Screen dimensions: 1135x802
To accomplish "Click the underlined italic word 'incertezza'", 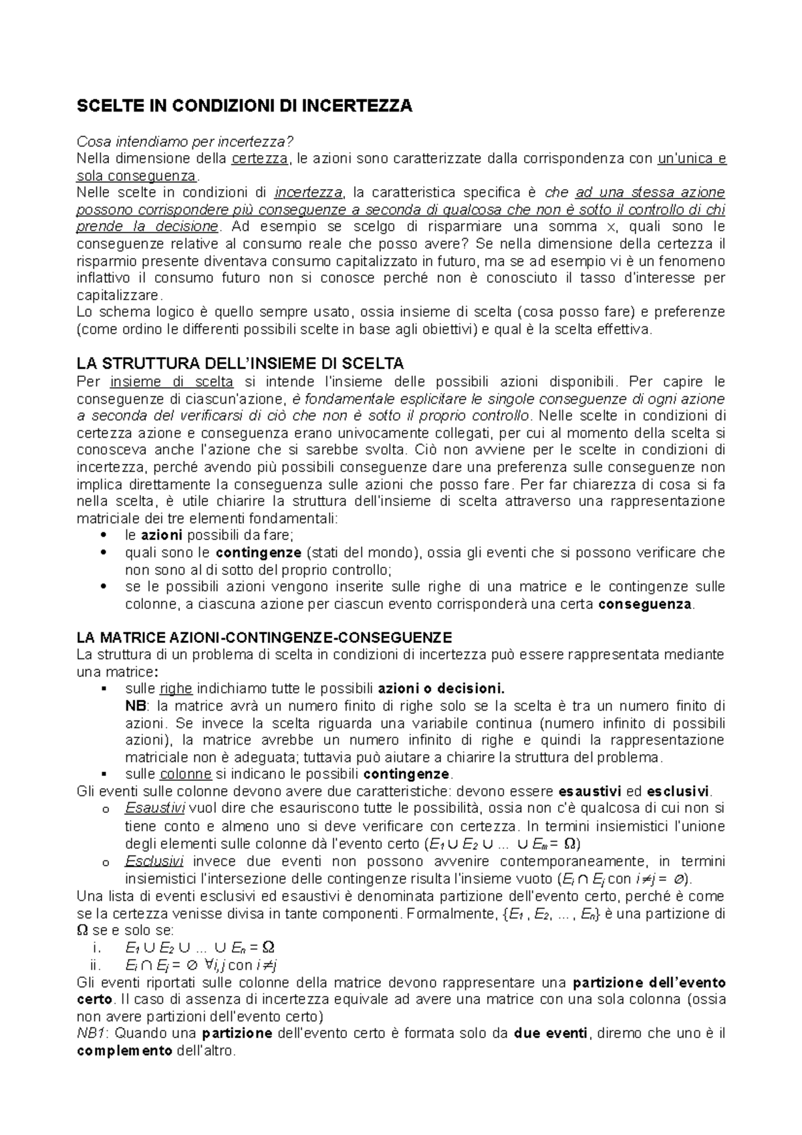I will tap(308, 193).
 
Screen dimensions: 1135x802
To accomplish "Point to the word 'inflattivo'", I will tap(104, 278).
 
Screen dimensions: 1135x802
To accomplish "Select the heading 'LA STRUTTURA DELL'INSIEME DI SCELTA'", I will tap(241, 364).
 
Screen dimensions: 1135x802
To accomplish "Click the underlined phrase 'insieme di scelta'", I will tap(172, 382).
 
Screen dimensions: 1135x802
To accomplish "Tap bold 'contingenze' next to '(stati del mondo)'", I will tap(259, 553).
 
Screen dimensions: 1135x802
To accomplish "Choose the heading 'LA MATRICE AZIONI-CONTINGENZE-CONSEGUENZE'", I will tap(265, 637).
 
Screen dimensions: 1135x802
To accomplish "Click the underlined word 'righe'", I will tap(176, 688).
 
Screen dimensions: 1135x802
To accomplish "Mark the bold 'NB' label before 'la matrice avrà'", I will tap(134, 706).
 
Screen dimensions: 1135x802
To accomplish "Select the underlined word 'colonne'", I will tap(185, 774).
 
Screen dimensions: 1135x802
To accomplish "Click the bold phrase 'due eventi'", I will tap(550, 1033).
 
